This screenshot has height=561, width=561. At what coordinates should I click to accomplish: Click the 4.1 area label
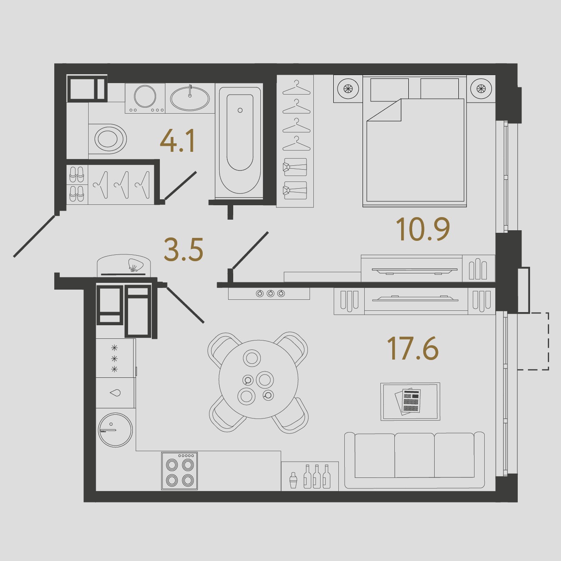point(177,142)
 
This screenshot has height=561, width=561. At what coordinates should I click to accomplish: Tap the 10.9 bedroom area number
point(423,230)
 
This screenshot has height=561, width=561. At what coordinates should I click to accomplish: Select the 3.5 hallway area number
point(184,249)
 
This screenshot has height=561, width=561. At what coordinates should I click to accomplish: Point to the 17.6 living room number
point(413,348)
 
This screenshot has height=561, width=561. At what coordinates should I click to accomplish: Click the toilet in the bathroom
point(108,139)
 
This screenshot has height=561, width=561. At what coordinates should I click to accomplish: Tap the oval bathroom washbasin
point(190,98)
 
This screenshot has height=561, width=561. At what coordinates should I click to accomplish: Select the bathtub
point(240,141)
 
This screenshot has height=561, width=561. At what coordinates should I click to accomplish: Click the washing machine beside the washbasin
point(145,98)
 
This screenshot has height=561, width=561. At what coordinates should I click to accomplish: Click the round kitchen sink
point(116,430)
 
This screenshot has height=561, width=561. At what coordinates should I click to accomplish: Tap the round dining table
point(259,380)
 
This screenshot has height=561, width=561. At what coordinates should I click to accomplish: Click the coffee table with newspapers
point(410,402)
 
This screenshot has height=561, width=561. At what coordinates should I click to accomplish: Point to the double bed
point(415,141)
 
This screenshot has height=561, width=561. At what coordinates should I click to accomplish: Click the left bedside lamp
point(348,89)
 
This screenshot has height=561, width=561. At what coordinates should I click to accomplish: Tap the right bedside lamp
point(481,89)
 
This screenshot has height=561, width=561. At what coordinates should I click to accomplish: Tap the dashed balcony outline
point(533,341)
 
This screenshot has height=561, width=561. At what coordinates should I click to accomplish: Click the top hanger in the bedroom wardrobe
point(296,88)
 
